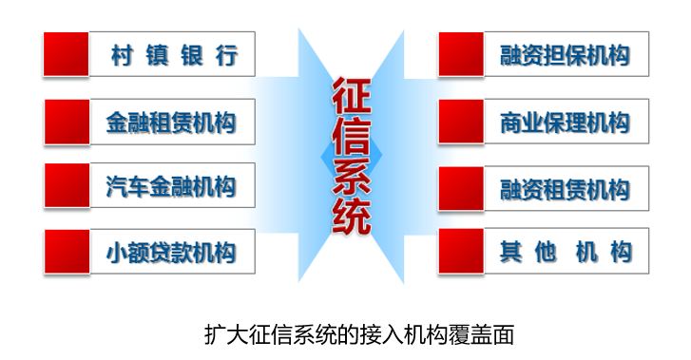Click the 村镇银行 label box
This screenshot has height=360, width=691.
173,55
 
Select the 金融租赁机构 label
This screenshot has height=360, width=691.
173,122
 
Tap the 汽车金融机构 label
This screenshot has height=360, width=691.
173,186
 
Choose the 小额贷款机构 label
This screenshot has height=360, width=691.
173,253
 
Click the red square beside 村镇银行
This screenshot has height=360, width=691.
67,54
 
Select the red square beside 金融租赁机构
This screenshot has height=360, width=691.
67,122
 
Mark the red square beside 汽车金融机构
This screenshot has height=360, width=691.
67,186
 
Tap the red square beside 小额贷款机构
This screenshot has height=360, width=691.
67,253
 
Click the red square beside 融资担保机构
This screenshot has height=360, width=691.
461,54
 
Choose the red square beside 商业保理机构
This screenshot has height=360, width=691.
461,122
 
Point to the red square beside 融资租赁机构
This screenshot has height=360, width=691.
461,188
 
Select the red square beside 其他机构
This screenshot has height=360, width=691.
461,253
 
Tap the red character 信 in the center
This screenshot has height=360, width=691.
349,139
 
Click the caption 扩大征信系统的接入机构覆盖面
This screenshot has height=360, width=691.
359,334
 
